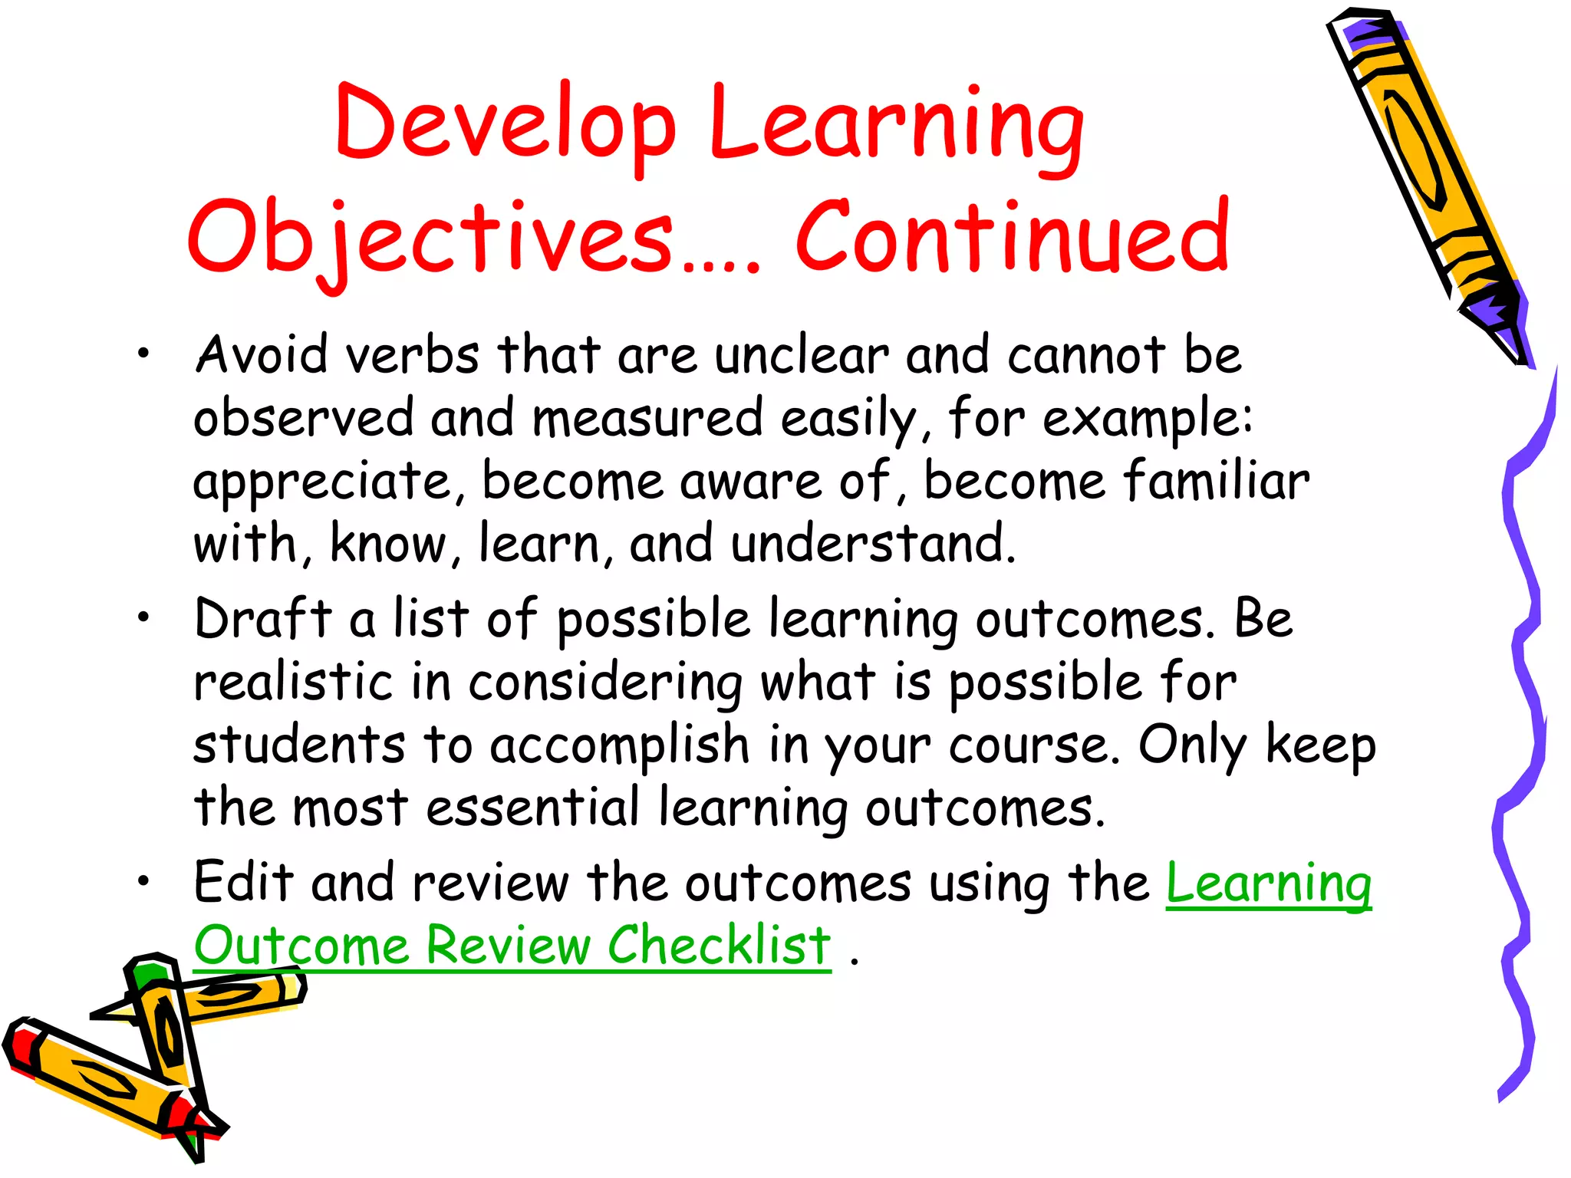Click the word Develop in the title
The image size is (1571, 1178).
tap(505, 123)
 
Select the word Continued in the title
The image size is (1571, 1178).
tap(1013, 236)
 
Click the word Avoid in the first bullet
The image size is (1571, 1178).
tap(261, 354)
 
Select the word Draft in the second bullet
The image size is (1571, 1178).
tap(263, 618)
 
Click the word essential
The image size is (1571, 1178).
tap(532, 807)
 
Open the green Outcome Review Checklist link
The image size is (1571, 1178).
tap(512, 945)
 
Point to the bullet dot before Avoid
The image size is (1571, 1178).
tap(143, 354)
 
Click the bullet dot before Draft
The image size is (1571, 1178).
tap(143, 617)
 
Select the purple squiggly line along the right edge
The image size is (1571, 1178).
tap(1523, 729)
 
